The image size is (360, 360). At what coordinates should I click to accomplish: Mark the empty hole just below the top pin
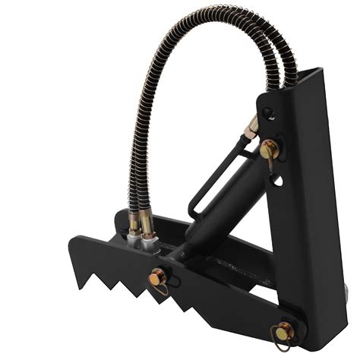[278, 180]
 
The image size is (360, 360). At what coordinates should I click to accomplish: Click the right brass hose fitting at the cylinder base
[150, 226]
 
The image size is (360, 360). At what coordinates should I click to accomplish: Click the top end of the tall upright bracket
[305, 72]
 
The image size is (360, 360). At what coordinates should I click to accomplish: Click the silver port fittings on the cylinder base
[146, 242]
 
